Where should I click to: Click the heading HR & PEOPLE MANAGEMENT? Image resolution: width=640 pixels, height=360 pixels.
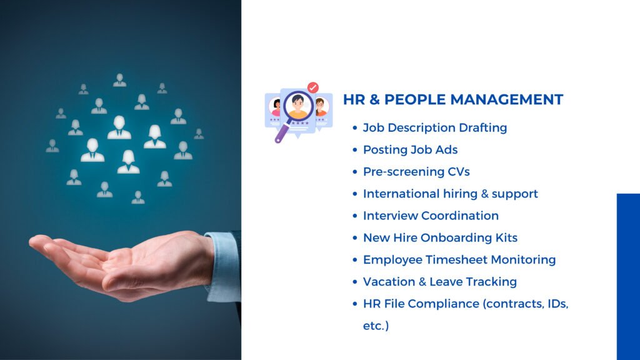point(453,99)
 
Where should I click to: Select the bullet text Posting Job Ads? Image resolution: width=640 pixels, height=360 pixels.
point(410,150)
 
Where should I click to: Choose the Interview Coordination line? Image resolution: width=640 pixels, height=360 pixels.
point(431,216)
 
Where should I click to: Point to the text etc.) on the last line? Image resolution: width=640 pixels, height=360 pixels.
point(376,326)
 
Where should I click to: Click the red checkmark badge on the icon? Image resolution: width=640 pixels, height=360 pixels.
point(313,87)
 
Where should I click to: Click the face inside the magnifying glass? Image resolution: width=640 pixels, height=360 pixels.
point(298,105)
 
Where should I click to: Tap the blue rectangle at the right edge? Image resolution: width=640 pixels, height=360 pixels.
point(628,277)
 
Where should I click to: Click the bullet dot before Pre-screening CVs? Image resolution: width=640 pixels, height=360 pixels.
point(355,172)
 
